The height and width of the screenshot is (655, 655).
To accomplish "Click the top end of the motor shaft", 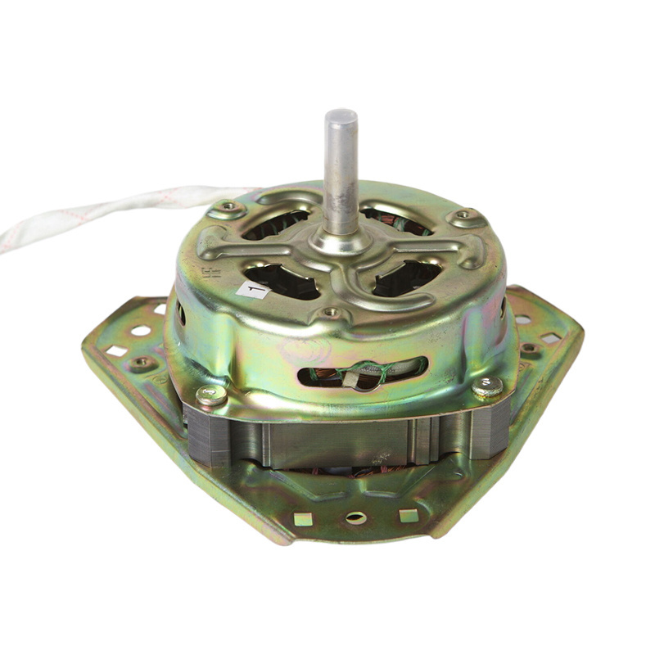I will pyautogui.click(x=341, y=115).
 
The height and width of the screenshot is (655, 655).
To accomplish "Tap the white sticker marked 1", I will pyautogui.click(x=252, y=289).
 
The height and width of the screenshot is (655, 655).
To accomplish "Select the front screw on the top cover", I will pyautogui.click(x=331, y=312).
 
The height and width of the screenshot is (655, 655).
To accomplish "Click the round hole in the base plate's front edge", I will pyautogui.click(x=356, y=517).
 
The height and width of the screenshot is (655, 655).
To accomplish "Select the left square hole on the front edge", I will pyautogui.click(x=304, y=517).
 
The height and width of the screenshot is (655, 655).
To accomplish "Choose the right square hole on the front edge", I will pyautogui.click(x=408, y=515).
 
